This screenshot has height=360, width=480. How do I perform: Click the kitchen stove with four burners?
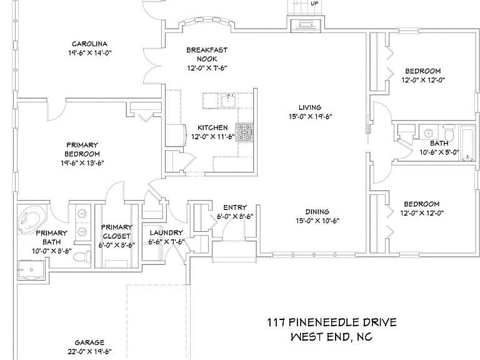click(x=244, y=133)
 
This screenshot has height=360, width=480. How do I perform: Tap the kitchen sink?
click(x=228, y=101)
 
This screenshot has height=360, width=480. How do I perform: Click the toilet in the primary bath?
click(x=82, y=256)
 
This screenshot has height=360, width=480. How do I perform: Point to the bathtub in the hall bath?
click(x=468, y=143)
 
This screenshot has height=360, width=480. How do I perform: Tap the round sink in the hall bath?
click(x=428, y=132)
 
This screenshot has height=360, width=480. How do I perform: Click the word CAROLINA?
click(x=89, y=44)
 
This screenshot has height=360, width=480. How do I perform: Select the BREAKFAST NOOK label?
click(x=207, y=54)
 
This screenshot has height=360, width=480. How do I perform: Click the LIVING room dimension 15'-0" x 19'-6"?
click(x=311, y=117)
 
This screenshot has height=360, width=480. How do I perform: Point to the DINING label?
click(x=317, y=212)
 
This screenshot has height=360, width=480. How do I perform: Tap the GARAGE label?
click(x=89, y=342)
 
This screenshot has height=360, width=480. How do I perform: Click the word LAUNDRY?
click(x=166, y=233)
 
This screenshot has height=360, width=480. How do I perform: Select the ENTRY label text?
click(x=235, y=208)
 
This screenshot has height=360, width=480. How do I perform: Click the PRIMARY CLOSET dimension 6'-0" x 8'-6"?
click(x=116, y=245)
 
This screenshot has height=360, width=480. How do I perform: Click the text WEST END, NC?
click(x=331, y=337)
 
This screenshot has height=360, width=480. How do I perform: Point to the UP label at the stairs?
click(x=314, y=4)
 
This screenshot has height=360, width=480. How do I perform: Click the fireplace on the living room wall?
click(x=306, y=24)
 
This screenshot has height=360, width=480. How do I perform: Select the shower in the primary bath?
click(x=31, y=270)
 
